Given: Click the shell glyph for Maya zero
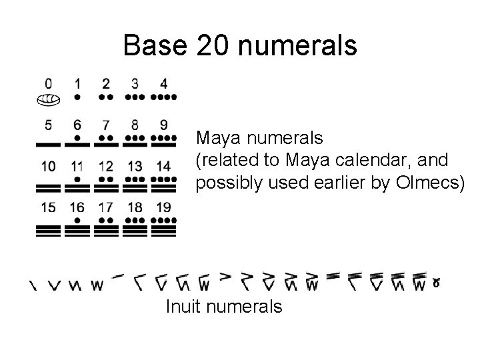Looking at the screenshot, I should (48, 100).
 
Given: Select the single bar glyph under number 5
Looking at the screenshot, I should (48, 143).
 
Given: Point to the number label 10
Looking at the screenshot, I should (48, 166).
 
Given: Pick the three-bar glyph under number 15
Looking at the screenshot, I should (48, 231).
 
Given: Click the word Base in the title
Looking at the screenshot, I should (155, 45).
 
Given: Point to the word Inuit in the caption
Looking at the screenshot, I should (181, 307).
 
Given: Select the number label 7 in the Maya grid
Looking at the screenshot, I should (106, 125).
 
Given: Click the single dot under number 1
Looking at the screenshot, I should (77, 97).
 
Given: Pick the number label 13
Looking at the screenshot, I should (135, 166).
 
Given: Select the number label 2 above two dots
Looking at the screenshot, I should (106, 84).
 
